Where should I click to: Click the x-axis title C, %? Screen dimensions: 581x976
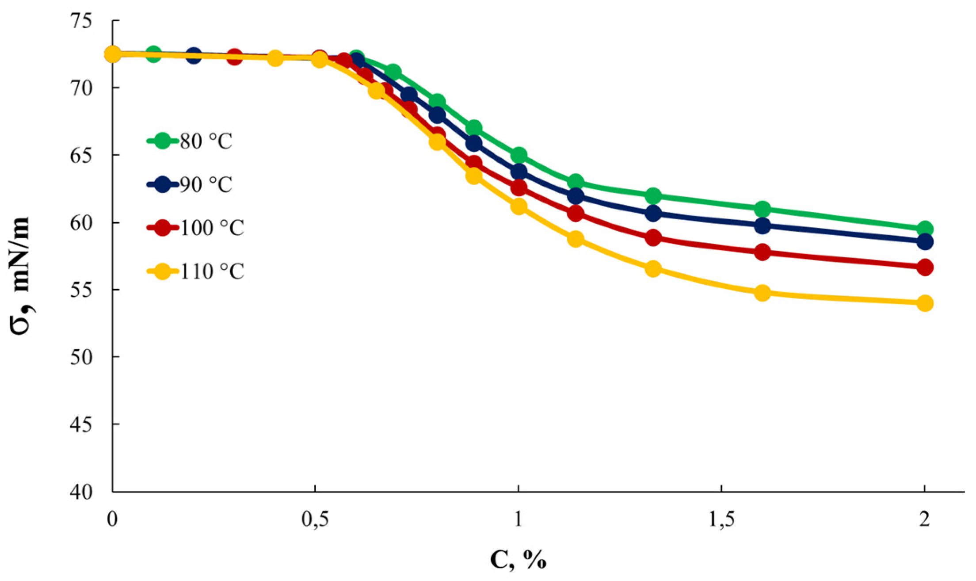click(x=518, y=560)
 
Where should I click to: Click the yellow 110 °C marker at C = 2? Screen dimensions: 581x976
click(x=925, y=303)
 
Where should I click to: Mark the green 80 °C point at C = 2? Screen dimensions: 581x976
click(x=925, y=229)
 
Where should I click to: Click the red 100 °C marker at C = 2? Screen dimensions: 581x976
click(x=925, y=268)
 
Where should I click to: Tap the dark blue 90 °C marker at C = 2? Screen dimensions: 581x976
click(x=925, y=242)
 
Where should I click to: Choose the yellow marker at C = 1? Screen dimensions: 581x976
click(x=518, y=206)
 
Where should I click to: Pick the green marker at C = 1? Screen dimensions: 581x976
click(x=518, y=155)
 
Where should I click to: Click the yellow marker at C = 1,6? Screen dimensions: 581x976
click(x=762, y=293)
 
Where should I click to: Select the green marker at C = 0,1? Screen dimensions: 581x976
click(x=153, y=54)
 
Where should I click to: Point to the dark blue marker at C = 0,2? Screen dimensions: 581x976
click(x=194, y=56)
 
